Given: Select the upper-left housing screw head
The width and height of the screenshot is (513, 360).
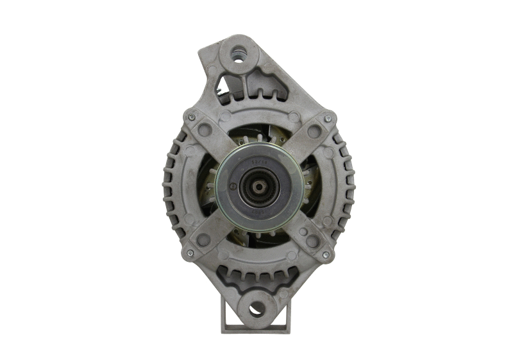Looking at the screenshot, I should pyautogui.click(x=191, y=117).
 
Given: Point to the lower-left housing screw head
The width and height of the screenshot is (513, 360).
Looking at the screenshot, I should pyautogui.click(x=190, y=253).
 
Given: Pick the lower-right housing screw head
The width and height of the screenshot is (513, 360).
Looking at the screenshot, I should pyautogui.click(x=326, y=255).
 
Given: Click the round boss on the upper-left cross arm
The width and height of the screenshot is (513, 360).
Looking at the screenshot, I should pyautogui.click(x=205, y=130).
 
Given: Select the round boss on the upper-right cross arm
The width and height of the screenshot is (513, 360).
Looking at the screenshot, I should pyautogui.click(x=314, y=132).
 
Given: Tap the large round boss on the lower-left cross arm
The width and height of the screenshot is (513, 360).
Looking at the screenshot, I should pyautogui.click(x=204, y=239).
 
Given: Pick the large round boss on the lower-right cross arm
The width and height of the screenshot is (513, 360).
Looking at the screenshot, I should pyautogui.click(x=312, y=241).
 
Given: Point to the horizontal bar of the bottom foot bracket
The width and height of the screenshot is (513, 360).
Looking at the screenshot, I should pyautogui.click(x=256, y=329).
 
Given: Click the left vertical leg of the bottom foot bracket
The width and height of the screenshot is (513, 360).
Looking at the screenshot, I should pyautogui.click(x=225, y=314).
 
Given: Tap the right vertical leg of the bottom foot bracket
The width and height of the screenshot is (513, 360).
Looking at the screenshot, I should pyautogui.click(x=288, y=314).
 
